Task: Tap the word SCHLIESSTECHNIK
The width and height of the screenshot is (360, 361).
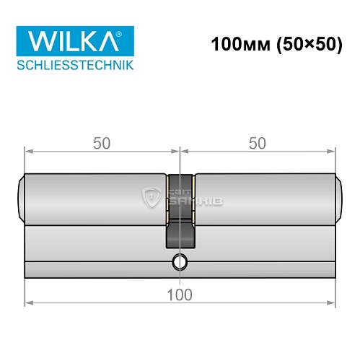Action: [73, 65]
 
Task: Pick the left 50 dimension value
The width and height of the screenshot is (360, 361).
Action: [102, 143]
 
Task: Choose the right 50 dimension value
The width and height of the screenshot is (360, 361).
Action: [257, 143]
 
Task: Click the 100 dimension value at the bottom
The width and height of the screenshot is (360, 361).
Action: [180, 294]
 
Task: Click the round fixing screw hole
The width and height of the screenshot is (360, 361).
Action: [180, 262]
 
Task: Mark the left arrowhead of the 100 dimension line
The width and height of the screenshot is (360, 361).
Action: [29, 304]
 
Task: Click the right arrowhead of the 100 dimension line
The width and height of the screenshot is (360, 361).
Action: [331, 304]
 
